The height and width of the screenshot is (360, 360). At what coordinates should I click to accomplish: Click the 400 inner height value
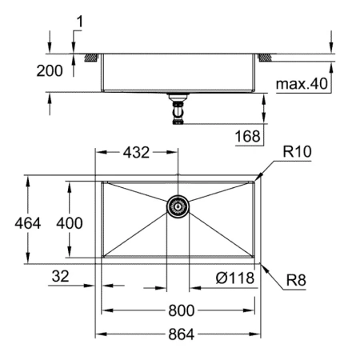[x=69, y=223]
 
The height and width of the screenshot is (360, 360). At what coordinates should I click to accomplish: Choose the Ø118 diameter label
[x=234, y=278]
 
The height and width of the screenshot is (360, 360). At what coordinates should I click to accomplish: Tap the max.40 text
[x=301, y=82]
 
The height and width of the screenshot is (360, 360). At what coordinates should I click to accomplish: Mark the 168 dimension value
[x=248, y=136]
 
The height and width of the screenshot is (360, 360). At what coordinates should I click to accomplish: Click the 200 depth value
[x=50, y=70]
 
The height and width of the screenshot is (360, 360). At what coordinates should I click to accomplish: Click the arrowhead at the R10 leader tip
[x=255, y=178]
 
